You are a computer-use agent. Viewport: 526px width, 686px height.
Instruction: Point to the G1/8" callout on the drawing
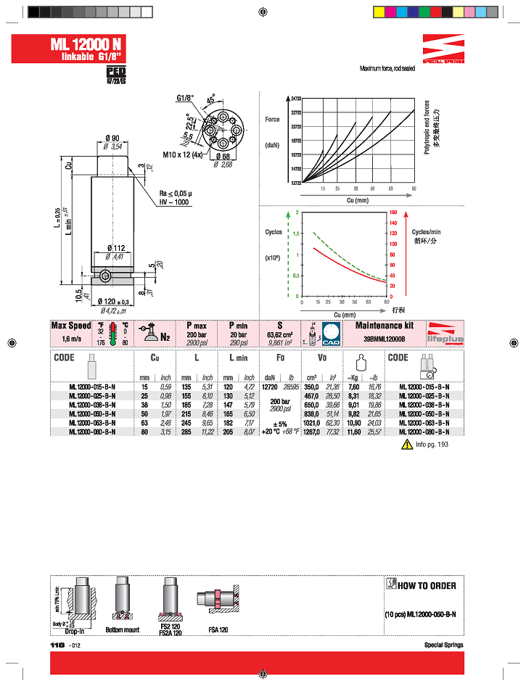(x=186, y=99)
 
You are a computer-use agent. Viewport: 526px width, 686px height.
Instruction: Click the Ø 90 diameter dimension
(x=112, y=138)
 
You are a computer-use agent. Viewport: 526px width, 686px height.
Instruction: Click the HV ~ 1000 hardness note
(x=174, y=202)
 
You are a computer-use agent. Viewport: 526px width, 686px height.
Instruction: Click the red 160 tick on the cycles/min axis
(x=394, y=212)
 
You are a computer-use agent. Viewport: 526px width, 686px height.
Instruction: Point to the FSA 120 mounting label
(x=218, y=630)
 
